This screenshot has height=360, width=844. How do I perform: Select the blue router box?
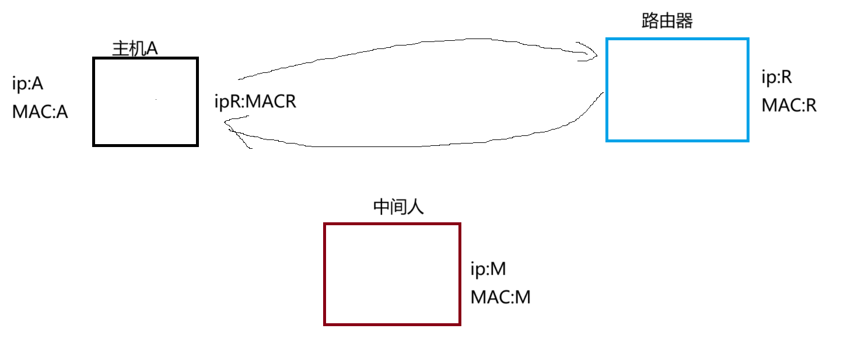[x=677, y=89]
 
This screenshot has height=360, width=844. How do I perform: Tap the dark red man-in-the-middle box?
[x=392, y=274]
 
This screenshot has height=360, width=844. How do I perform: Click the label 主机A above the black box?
[x=135, y=48]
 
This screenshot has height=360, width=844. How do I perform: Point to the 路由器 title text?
[x=667, y=22]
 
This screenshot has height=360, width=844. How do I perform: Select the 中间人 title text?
[x=398, y=208]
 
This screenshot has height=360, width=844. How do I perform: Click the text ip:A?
[x=28, y=84]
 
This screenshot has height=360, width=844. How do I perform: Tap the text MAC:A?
[x=40, y=111]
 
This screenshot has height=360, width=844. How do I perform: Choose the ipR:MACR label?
[x=255, y=102]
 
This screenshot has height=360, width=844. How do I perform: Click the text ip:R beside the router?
[x=777, y=77]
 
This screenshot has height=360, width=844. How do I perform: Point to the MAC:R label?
[x=789, y=106]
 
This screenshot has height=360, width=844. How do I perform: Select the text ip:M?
[x=488, y=270]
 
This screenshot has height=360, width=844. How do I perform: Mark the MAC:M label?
[x=500, y=298]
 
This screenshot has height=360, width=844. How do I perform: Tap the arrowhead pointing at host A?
[x=229, y=122]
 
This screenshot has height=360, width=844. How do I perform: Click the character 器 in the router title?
[x=684, y=22]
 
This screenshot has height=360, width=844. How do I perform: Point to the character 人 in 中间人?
[x=415, y=208]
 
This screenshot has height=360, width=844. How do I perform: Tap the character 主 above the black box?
[x=119, y=48]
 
